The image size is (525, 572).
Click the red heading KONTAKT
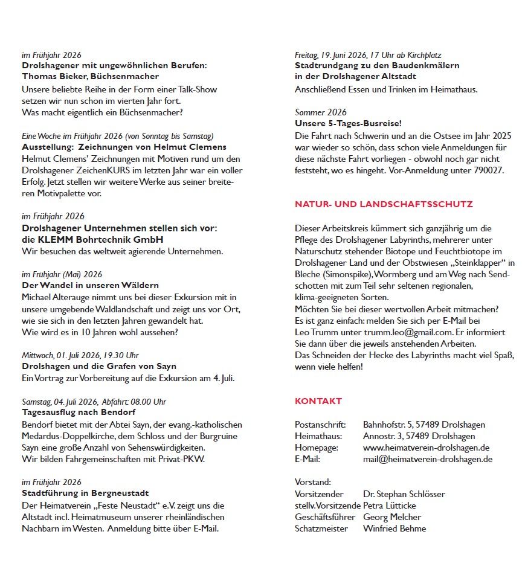[318, 401]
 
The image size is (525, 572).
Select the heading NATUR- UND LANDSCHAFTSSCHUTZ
[384, 204]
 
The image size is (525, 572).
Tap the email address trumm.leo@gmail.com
[408, 332]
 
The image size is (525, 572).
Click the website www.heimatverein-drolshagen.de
[426, 448]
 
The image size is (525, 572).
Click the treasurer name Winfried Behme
[395, 529]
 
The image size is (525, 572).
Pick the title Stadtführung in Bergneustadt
[85, 493]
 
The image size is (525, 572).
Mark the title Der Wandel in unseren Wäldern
[90, 285]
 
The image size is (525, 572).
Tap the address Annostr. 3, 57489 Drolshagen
[419, 436]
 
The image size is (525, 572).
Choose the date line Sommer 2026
[321, 112]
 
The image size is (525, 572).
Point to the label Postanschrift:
[320, 425]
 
